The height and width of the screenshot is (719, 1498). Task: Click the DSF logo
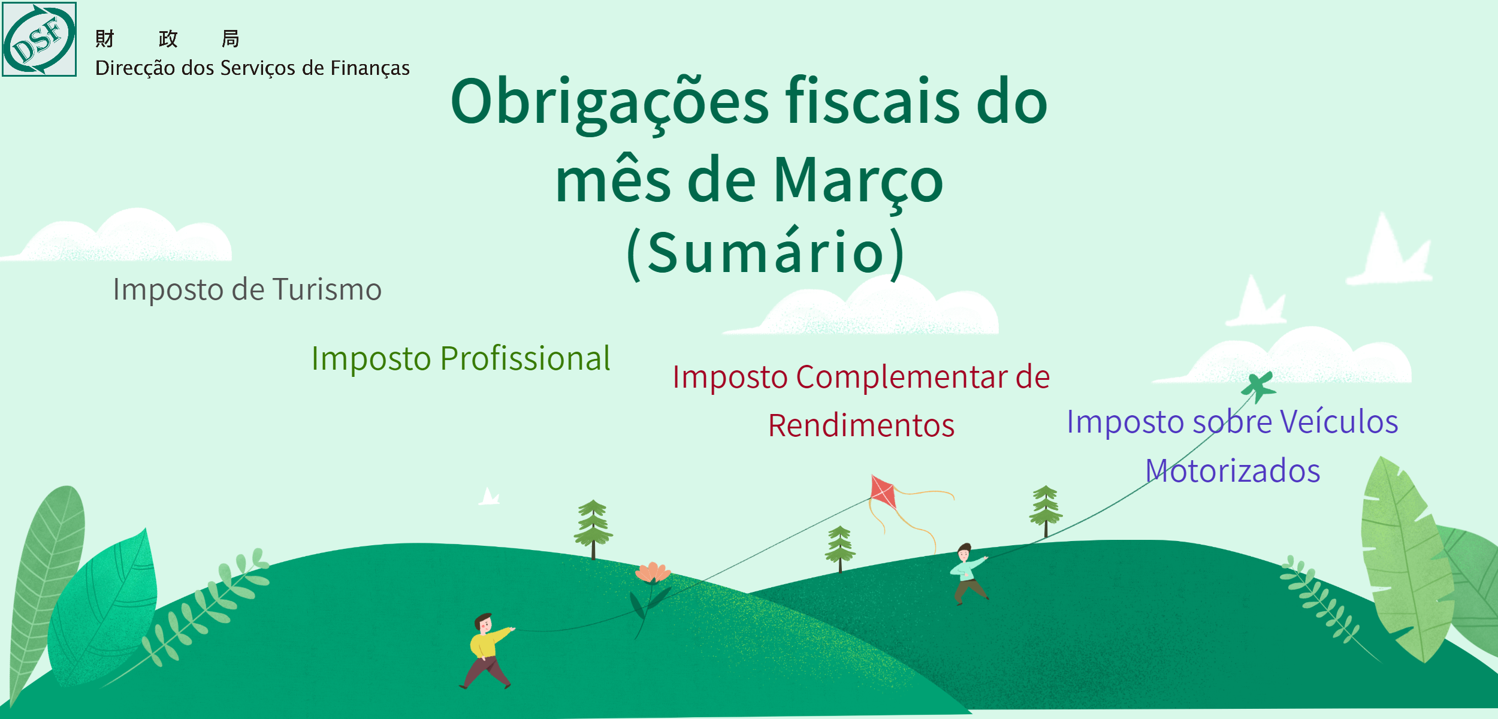40,40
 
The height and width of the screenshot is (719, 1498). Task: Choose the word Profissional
525,358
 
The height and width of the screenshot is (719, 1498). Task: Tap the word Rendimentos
861,426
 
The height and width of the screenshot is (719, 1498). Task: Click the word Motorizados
1233,471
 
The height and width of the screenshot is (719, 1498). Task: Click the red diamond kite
883,492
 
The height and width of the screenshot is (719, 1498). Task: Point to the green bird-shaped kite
1258,387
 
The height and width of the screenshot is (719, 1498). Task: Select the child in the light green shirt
968,574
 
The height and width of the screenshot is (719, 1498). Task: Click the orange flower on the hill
653,573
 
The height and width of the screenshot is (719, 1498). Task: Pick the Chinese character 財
105,39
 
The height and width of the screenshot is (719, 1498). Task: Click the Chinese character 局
231,39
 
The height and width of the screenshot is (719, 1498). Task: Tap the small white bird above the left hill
489,497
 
